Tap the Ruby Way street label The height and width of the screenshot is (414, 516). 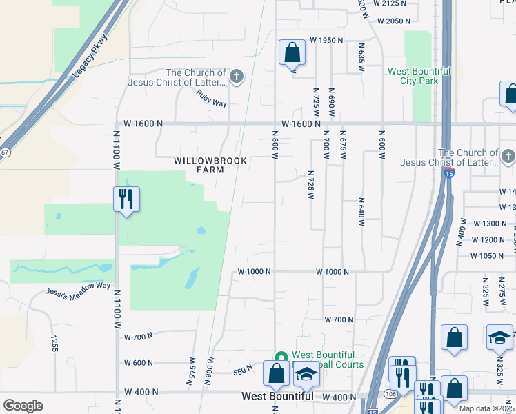coord(211,99)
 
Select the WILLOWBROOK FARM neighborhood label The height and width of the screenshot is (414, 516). coord(200,165)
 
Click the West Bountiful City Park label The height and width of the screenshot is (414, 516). coord(419,76)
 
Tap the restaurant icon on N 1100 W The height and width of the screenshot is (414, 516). coord(126,199)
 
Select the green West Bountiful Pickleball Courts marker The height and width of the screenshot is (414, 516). coord(281,357)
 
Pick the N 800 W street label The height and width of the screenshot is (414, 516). coord(275,146)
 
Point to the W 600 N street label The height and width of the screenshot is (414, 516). coord(139,363)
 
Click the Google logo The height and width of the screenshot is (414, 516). coord(23,406)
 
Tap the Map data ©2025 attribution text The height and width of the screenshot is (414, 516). coord(486,408)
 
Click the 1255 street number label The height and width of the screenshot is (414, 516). coord(53,343)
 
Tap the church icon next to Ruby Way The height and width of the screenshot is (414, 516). coord(237,76)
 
